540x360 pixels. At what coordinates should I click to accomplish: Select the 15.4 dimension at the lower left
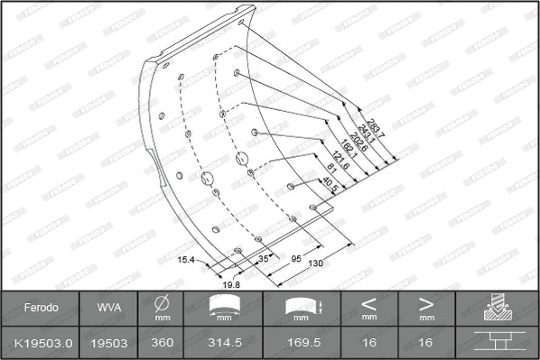click(x=186, y=261)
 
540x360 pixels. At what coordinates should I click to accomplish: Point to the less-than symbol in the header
click(x=368, y=303)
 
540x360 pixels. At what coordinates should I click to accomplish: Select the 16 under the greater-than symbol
click(x=427, y=343)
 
